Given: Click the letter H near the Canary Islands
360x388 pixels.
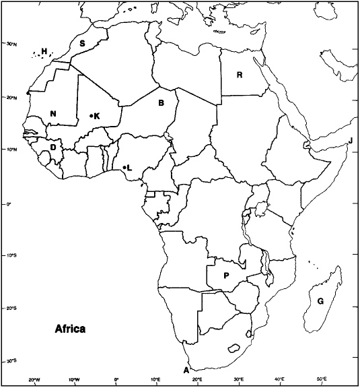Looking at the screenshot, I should click(x=44, y=51).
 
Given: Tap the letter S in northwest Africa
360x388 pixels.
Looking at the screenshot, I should click(x=82, y=44).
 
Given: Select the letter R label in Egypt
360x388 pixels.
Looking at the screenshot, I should click(x=239, y=75).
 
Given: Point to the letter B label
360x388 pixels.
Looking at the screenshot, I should click(x=161, y=103).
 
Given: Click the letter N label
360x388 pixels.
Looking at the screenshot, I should click(x=53, y=114).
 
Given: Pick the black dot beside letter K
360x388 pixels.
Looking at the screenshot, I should click(x=91, y=116).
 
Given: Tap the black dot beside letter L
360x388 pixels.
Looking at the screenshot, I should click(x=124, y=166).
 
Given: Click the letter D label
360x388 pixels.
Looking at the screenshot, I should click(x=53, y=148).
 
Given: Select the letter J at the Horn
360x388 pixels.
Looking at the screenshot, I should click(x=351, y=141).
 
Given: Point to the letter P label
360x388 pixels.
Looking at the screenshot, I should click(x=226, y=276).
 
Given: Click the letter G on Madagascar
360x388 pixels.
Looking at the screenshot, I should click(x=320, y=300).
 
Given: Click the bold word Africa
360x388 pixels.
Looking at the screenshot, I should click(x=69, y=329).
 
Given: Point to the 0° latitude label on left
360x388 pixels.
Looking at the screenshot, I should click(x=9, y=203).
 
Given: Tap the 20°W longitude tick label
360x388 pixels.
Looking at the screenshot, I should click(x=34, y=380).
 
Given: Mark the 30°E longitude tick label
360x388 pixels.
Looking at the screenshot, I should click(x=239, y=380).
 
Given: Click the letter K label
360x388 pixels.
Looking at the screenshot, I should click(x=97, y=116).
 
